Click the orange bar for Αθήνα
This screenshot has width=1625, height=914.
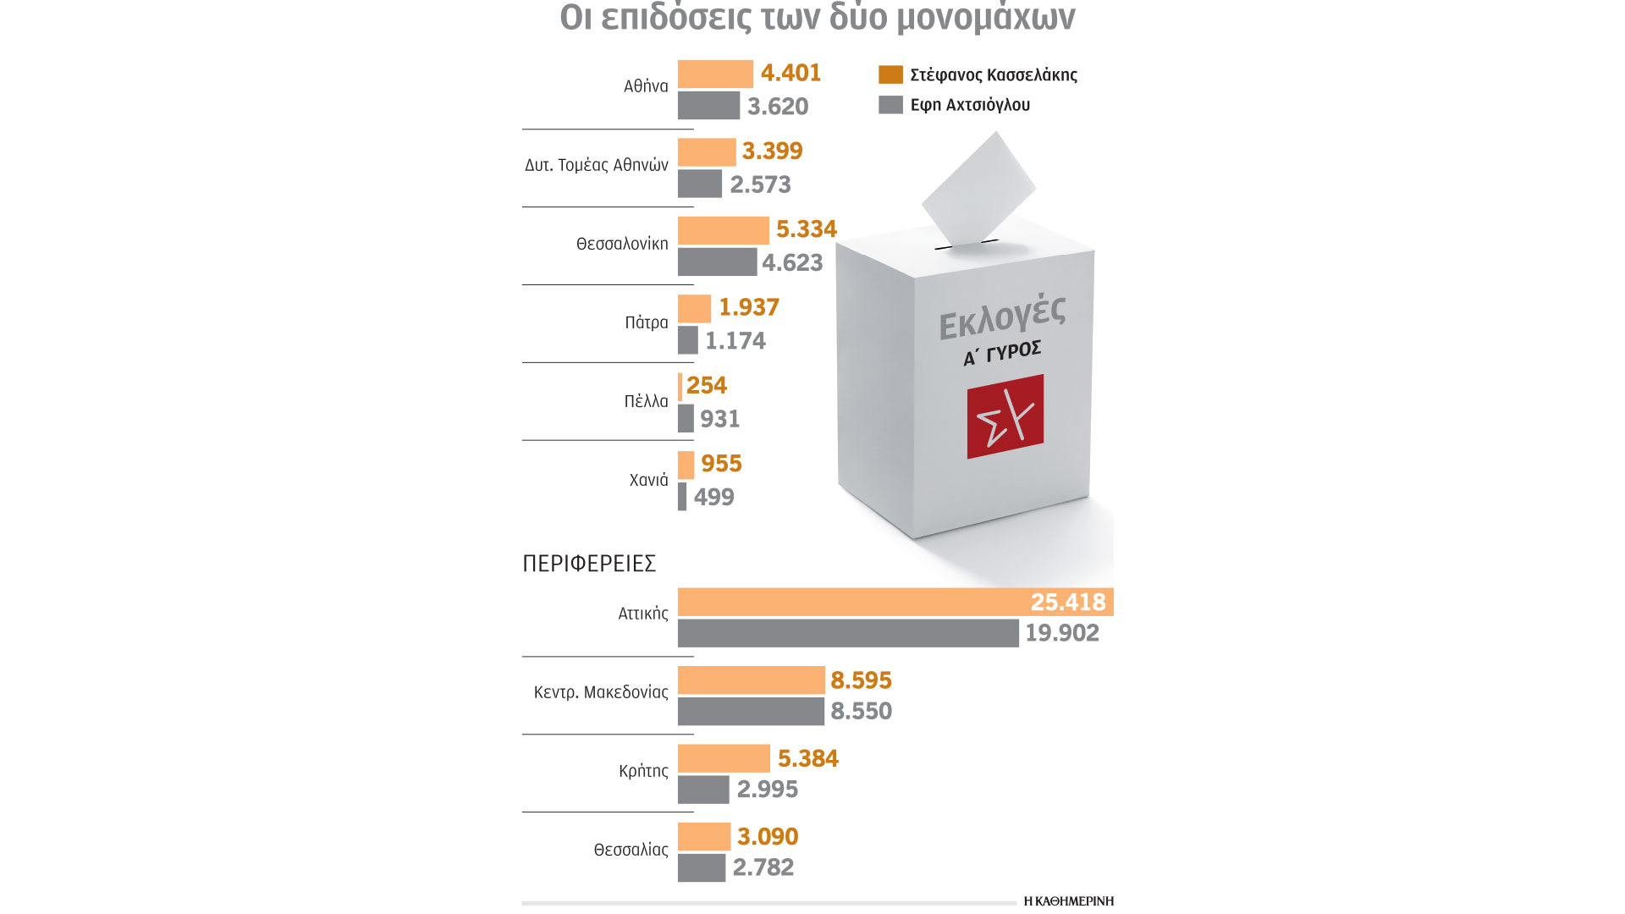tap(715, 74)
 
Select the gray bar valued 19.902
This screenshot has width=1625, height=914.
tap(848, 633)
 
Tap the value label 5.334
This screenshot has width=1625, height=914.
tap(806, 229)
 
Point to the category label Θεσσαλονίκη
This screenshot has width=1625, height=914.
tap(622, 244)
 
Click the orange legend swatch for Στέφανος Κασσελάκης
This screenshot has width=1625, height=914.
tap(890, 74)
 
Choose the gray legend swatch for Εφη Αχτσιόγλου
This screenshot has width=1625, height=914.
tap(890, 105)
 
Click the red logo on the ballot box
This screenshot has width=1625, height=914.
tap(1005, 416)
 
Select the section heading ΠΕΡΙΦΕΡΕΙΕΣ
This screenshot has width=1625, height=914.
tap(589, 564)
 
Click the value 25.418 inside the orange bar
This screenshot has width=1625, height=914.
tap(1067, 602)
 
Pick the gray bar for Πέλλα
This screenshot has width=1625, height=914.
tap(686, 418)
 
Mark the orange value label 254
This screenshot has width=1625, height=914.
tap(706, 386)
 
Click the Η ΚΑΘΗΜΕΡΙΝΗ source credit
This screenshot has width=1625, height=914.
tap(1068, 900)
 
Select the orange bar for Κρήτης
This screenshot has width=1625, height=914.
tap(724, 758)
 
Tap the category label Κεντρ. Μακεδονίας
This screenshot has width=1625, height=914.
tap(601, 692)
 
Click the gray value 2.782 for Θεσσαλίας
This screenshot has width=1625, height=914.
tap(763, 867)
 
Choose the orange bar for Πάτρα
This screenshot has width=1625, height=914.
tap(694, 308)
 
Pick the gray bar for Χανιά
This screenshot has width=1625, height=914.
tap(682, 497)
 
